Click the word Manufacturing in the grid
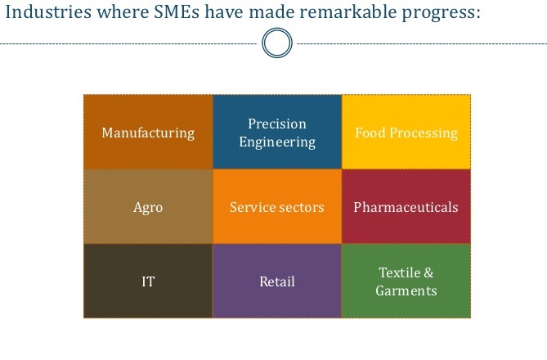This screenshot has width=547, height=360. point(148,133)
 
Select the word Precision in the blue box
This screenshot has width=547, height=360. point(277,124)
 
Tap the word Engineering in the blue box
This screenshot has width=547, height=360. point(277,142)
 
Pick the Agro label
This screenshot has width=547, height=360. point(148,207)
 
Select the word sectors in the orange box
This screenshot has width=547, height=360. point(300,207)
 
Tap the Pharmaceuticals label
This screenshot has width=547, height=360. point(406,207)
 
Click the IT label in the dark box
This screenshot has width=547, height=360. point(148,281)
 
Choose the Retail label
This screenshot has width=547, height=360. point(277,281)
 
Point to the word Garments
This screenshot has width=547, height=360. point(406,290)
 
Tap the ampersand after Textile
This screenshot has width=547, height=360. point(428,272)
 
